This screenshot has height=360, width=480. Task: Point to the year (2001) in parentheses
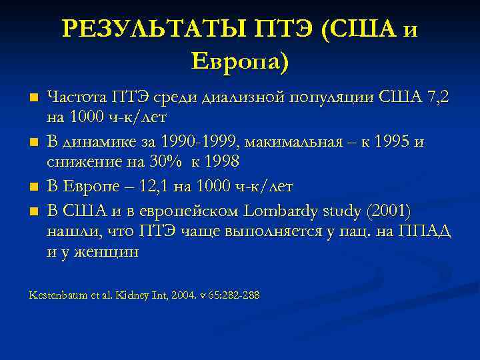point(391,211)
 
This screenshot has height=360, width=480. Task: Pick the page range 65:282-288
point(233,295)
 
